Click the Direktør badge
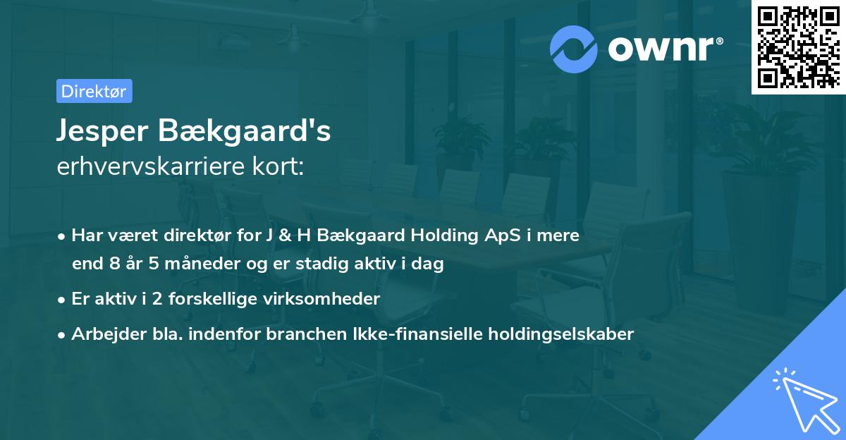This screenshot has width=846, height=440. click(94, 91)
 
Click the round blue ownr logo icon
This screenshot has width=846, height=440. click(574, 49)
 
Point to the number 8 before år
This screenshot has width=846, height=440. click(116, 264)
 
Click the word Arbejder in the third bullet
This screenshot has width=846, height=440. click(102, 334)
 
